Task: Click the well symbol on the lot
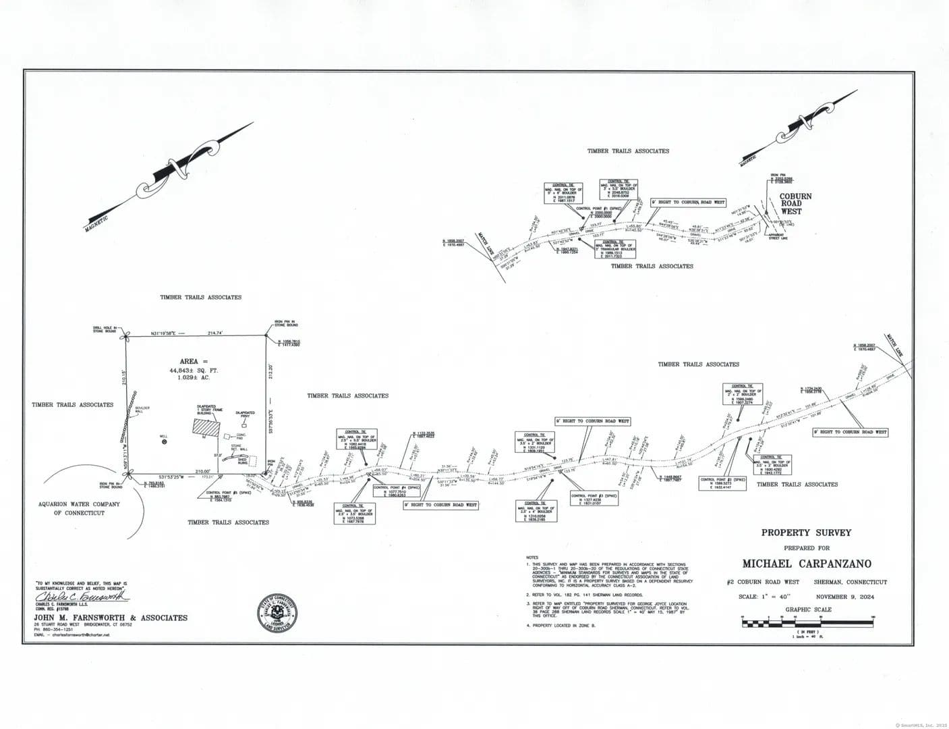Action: (x=163, y=441)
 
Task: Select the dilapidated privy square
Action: (x=244, y=426)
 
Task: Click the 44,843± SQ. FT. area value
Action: (x=194, y=371)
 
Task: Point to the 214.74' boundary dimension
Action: (x=215, y=333)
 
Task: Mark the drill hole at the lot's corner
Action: (x=123, y=337)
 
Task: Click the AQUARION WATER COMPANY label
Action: (x=80, y=504)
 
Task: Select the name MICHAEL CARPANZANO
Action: (x=807, y=564)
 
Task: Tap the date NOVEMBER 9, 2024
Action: (x=844, y=597)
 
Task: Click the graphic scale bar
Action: (x=807, y=623)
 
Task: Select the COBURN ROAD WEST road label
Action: (x=795, y=202)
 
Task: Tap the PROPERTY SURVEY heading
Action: (x=806, y=533)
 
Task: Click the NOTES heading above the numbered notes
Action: (x=532, y=557)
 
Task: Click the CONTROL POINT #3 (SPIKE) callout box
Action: (x=594, y=499)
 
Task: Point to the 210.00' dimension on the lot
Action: (x=203, y=470)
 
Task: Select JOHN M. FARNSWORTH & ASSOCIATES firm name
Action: (x=111, y=618)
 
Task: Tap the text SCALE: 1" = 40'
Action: (x=764, y=597)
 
